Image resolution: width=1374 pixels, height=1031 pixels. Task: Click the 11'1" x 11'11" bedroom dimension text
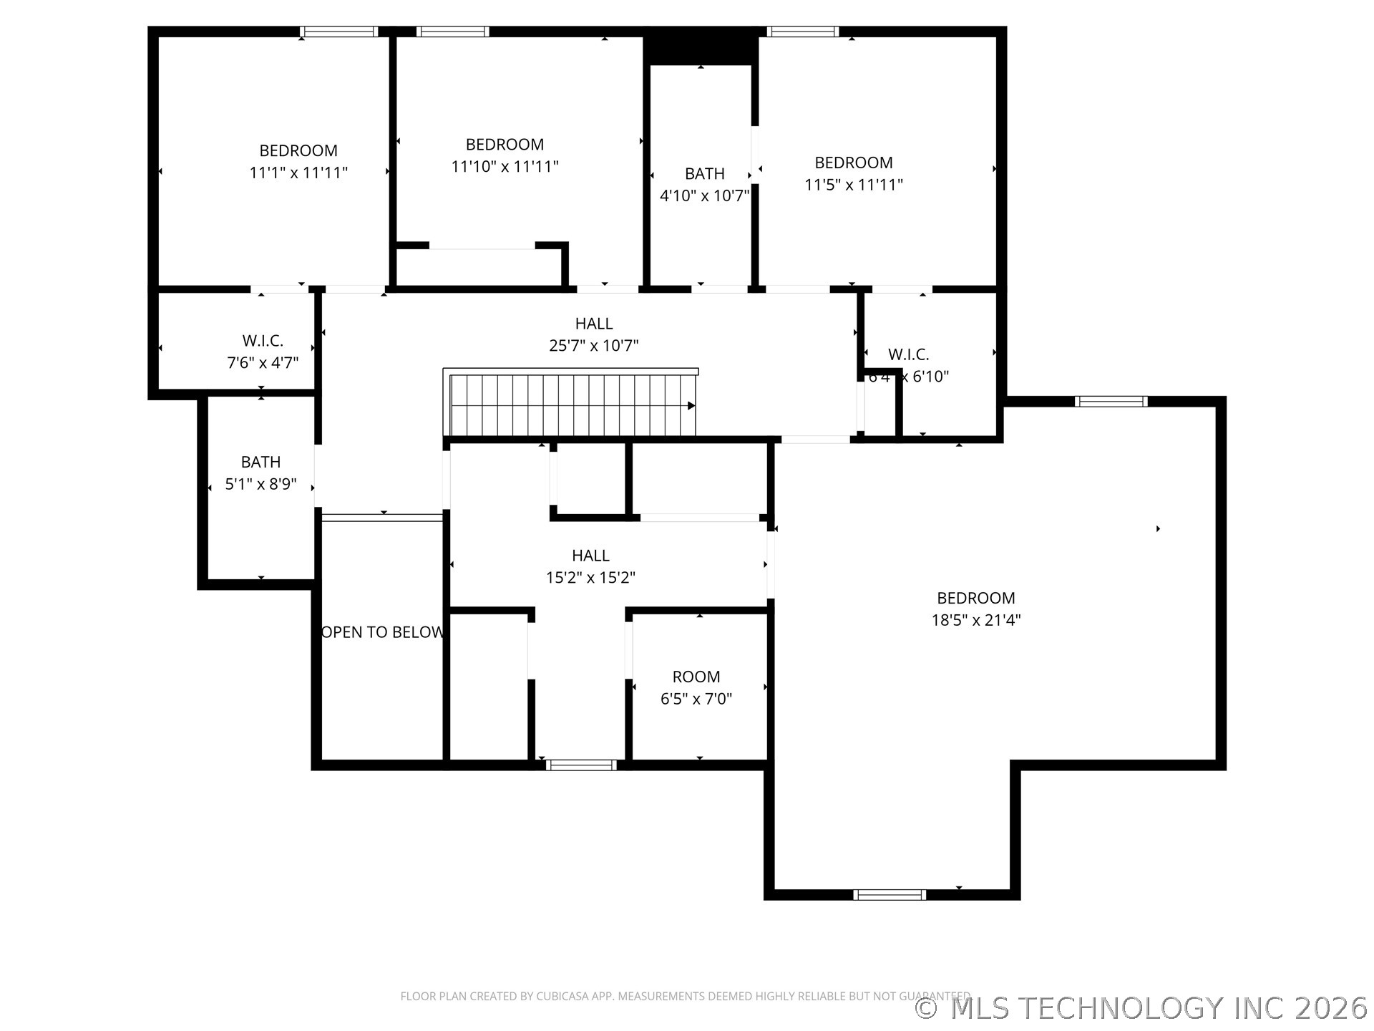[x=298, y=173]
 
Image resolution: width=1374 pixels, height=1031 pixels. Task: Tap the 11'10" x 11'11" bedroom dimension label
[x=505, y=166]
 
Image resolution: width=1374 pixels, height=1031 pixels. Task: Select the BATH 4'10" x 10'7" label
[x=704, y=185]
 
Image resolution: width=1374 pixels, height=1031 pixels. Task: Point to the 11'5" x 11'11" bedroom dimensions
[x=853, y=185]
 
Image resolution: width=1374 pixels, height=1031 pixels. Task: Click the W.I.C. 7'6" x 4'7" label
[x=263, y=352]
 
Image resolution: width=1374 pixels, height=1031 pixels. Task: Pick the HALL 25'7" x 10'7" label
[x=593, y=334]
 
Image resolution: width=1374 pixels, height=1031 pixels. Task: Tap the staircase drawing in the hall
[x=571, y=405]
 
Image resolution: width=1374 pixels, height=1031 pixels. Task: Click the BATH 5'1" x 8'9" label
[x=260, y=473]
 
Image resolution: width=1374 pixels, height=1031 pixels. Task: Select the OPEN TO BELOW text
[x=383, y=632]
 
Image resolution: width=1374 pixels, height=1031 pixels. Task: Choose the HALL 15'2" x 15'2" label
[x=590, y=566]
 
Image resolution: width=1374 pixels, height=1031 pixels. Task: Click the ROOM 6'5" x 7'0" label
[x=696, y=687]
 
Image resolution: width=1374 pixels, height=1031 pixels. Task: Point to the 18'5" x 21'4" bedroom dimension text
[x=975, y=620]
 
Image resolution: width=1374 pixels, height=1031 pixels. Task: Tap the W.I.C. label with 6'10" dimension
[x=908, y=365]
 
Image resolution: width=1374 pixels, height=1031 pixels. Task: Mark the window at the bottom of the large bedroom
[x=890, y=894]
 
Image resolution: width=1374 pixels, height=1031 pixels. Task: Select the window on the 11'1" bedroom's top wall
[x=338, y=32]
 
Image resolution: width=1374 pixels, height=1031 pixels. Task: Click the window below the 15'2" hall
[x=581, y=765]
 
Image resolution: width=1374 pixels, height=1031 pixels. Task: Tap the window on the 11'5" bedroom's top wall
[x=803, y=32]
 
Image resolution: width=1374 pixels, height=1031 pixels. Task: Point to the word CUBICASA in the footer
[x=565, y=996]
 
